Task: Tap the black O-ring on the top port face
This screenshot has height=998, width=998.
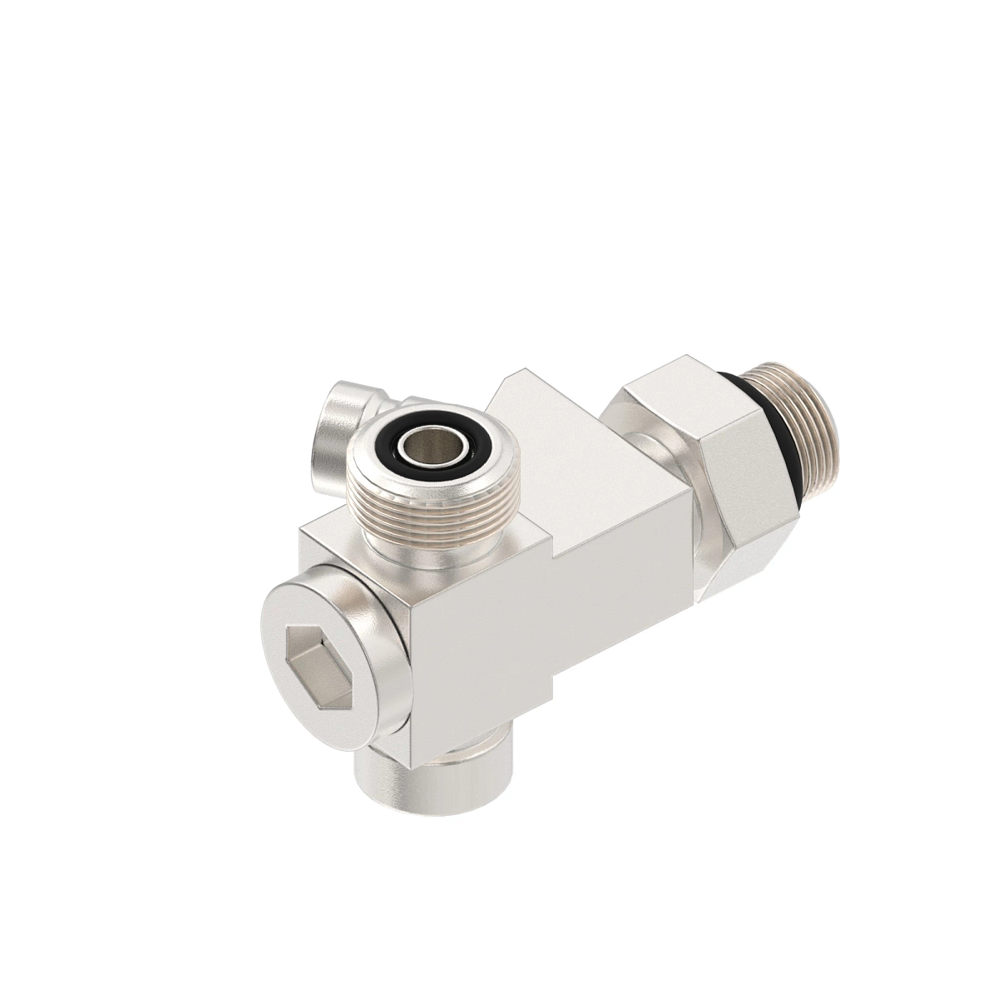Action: [x=428, y=448]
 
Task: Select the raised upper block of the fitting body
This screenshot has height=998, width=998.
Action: [x=574, y=432]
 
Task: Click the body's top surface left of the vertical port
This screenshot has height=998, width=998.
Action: [x=333, y=532]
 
